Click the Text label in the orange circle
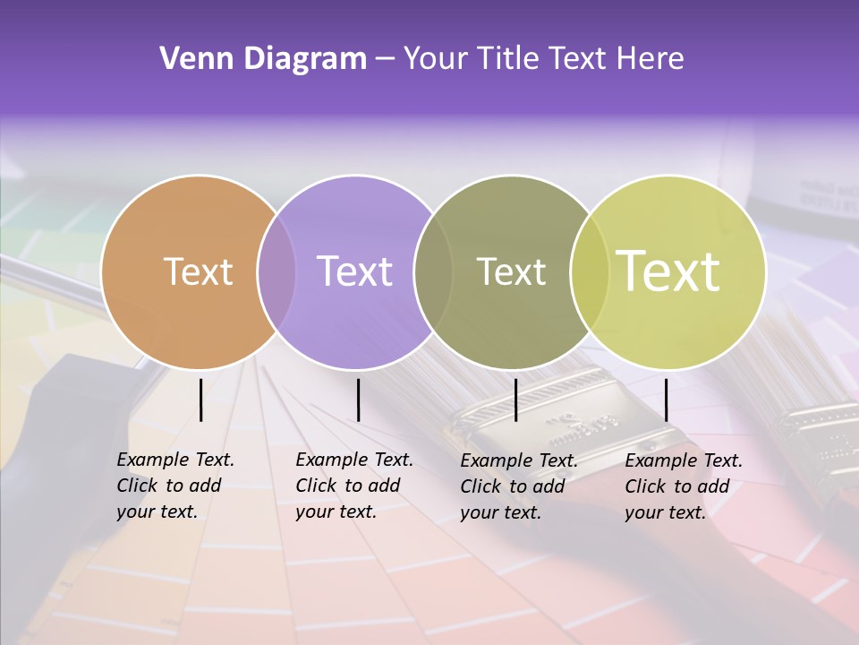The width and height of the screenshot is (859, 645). pyautogui.click(x=198, y=271)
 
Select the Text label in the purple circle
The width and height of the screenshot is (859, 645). pyautogui.click(x=354, y=271)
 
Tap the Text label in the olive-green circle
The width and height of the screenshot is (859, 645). pyautogui.click(x=511, y=271)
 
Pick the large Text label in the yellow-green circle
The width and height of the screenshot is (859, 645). pyautogui.click(x=668, y=271)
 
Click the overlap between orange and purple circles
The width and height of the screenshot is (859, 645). pyautogui.click(x=276, y=272)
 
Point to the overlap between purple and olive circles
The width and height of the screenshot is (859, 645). pyautogui.click(x=432, y=272)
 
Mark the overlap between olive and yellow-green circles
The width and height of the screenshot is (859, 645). pyautogui.click(x=589, y=272)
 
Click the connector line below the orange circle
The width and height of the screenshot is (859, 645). pyautogui.click(x=200, y=400)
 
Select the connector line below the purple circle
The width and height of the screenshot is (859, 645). pyautogui.click(x=358, y=400)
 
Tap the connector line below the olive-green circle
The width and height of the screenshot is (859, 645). pyautogui.click(x=515, y=400)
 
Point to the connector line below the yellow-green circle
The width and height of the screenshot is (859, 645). pyautogui.click(x=666, y=400)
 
